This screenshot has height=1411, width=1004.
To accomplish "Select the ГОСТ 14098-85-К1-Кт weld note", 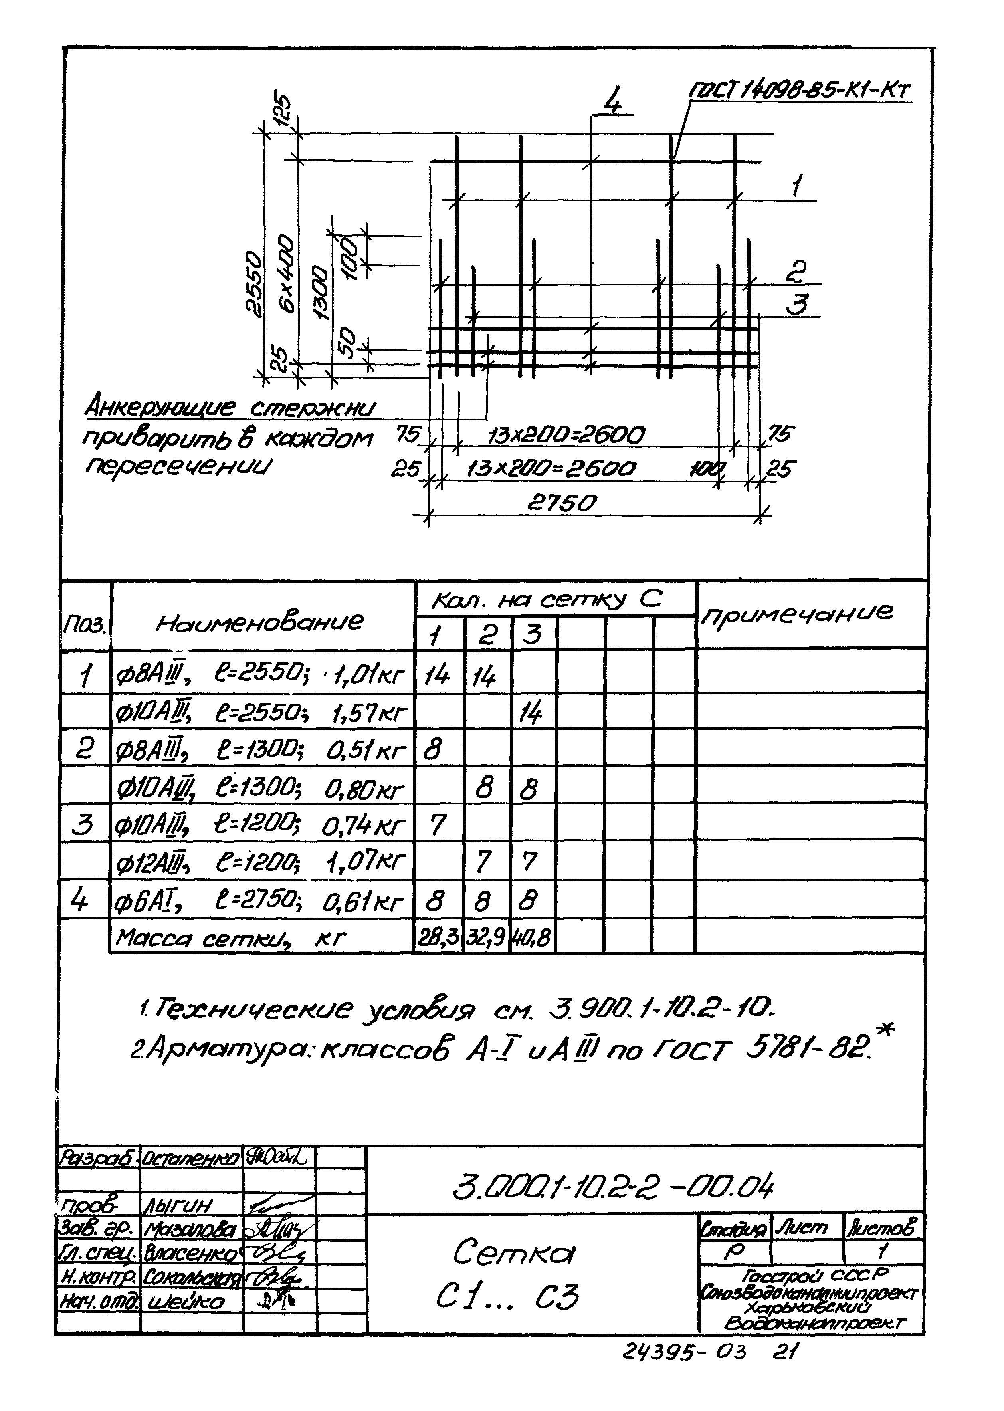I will point(800,91).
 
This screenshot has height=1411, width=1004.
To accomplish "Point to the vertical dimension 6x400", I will point(287,272).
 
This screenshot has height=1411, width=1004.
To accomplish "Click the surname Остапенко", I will point(190,1157).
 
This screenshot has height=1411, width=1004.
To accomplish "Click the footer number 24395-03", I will point(684,1352).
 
